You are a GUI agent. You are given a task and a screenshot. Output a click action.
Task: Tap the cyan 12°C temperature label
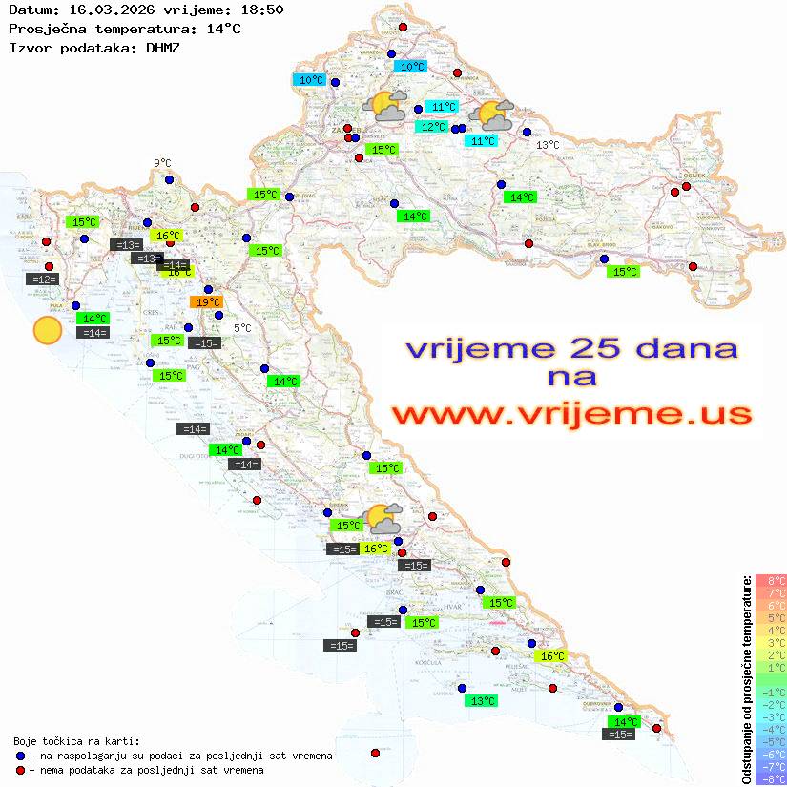(x=432, y=127)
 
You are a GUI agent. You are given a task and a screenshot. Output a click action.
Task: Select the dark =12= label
(x=43, y=280)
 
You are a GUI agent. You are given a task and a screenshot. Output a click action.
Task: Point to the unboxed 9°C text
(x=162, y=163)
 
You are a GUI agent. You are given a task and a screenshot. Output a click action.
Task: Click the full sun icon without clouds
(x=47, y=331)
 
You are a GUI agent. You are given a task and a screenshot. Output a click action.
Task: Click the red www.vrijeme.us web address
(x=570, y=414)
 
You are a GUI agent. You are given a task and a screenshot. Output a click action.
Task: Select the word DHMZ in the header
(x=161, y=47)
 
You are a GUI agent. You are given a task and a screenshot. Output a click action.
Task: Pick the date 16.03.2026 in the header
(x=106, y=10)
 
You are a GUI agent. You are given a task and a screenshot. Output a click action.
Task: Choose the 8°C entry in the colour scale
(x=770, y=581)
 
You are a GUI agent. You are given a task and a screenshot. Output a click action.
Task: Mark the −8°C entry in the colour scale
(x=770, y=778)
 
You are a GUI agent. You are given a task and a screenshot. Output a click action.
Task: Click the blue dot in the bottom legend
(x=21, y=756)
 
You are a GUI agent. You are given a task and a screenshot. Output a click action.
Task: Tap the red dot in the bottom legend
(x=21, y=770)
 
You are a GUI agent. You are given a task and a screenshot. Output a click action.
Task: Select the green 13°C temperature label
(x=482, y=701)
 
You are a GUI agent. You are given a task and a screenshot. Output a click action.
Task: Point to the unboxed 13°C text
(x=547, y=145)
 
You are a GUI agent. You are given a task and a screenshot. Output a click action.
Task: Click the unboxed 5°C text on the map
(x=242, y=328)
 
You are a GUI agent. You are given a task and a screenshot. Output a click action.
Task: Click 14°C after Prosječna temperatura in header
(x=224, y=29)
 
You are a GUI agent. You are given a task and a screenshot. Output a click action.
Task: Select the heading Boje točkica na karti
(x=76, y=741)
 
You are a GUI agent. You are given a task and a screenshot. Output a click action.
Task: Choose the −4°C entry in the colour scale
(x=770, y=729)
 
